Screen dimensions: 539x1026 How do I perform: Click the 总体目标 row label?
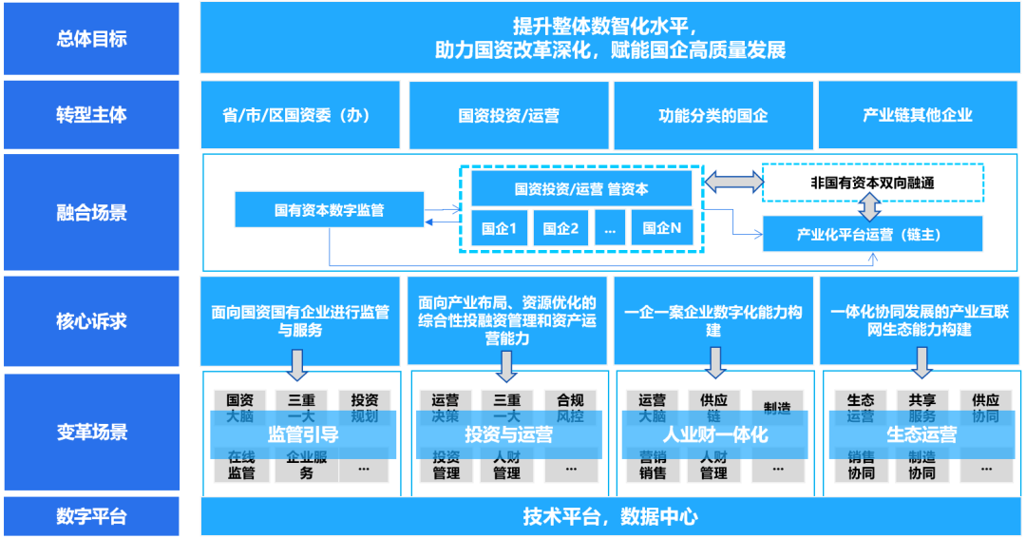(x=91, y=39)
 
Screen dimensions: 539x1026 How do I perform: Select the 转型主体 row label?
(x=91, y=115)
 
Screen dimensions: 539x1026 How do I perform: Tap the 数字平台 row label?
(x=91, y=517)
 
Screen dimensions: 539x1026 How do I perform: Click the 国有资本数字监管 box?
(x=329, y=210)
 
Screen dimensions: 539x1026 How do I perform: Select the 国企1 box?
(x=499, y=228)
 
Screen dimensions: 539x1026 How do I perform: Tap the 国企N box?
(x=662, y=228)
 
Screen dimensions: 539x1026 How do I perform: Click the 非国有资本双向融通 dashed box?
(x=872, y=183)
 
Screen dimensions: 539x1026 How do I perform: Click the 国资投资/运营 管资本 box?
(x=580, y=188)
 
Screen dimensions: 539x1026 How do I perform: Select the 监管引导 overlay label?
(x=302, y=434)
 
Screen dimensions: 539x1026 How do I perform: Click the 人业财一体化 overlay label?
(x=714, y=434)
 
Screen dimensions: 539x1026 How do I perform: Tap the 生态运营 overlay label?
(x=921, y=434)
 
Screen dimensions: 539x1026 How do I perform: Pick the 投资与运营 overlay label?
(x=508, y=434)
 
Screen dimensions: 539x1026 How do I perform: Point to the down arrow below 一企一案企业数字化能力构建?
(x=714, y=362)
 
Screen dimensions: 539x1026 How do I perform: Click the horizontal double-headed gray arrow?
(x=732, y=181)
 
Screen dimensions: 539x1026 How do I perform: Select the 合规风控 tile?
(x=571, y=408)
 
